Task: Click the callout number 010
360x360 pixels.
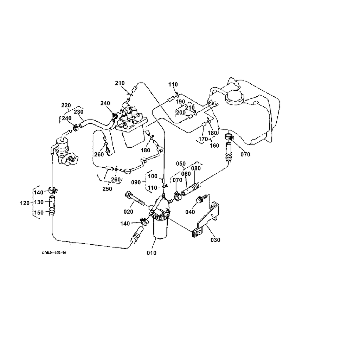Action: [152, 253]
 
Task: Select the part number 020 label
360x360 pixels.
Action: [128, 211]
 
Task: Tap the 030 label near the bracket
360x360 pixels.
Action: [215, 240]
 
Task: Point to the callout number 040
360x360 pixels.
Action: [190, 212]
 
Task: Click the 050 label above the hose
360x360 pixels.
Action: [181, 164]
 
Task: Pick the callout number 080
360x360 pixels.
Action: [196, 168]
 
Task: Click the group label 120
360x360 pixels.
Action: [25, 203]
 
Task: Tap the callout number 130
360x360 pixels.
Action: [39, 202]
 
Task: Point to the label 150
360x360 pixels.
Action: [39, 212]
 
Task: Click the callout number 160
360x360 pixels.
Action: [214, 145]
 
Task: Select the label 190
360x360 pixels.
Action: [180, 102]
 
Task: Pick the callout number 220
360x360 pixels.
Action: [66, 105]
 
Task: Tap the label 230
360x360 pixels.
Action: [78, 112]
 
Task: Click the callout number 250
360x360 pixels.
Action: [107, 189]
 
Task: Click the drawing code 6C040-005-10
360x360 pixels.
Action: [53, 253]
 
